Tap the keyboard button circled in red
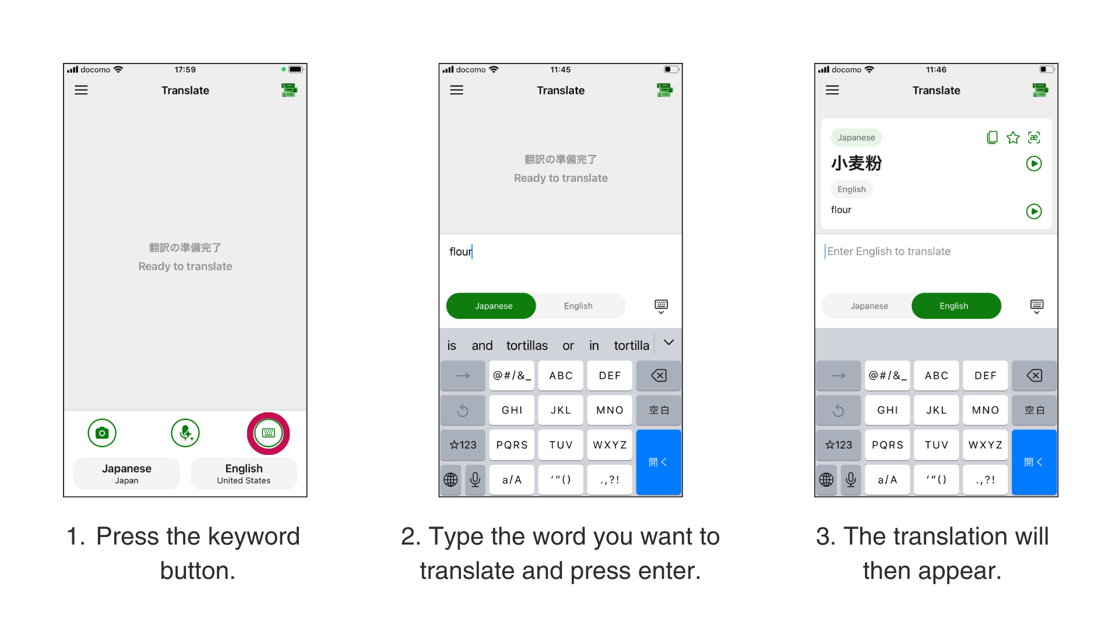coord(268,433)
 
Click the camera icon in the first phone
coord(102,433)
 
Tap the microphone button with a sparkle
coord(185,433)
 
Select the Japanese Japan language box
coord(126,473)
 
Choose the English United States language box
coord(244,473)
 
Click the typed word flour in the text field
coord(460,252)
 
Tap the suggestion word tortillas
coord(527,346)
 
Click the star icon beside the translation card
coord(1013,138)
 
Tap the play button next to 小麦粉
coord(1034,164)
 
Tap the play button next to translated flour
coord(1034,211)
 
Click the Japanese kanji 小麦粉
coord(856,164)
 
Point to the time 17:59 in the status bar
coord(185,70)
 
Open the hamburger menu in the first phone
coord(81,90)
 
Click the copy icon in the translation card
coord(992,138)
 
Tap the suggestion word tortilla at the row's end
coord(631,346)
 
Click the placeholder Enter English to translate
coord(889,252)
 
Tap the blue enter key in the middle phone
coord(659,462)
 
